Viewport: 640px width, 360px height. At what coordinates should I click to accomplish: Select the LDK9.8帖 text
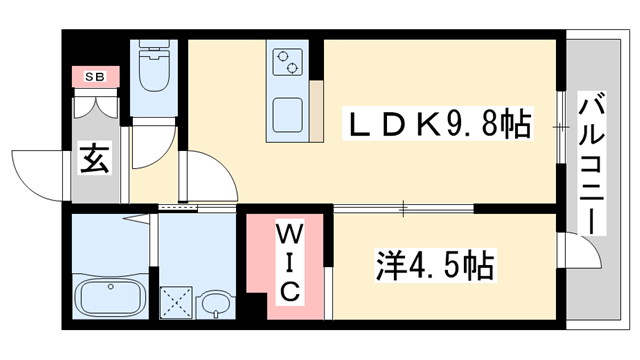(432, 126)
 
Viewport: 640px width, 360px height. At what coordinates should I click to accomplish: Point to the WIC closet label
(286, 263)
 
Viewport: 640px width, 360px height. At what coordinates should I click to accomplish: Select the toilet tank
(154, 49)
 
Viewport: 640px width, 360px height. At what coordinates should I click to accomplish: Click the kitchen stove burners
(286, 62)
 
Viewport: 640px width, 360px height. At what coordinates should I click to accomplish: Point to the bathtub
(109, 297)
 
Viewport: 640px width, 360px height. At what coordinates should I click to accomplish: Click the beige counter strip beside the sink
(315, 111)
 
